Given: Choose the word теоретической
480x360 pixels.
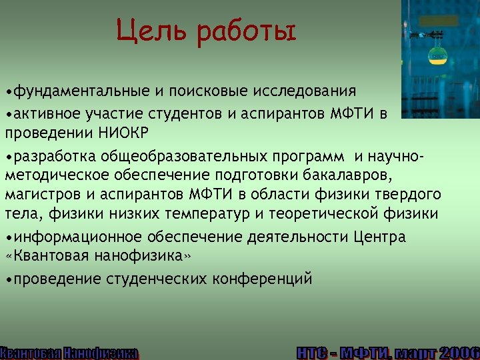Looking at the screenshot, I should tap(330, 214).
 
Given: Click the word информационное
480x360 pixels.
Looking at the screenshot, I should tap(72, 238).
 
